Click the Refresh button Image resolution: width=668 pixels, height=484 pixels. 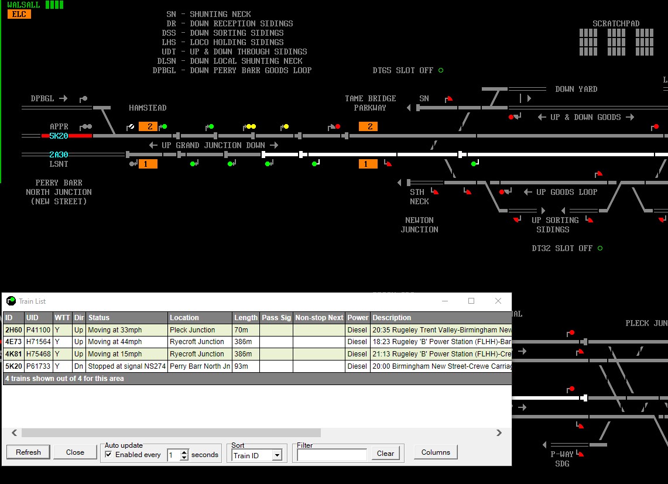coord(28,452)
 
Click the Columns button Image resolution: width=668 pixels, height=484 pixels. coord(436,452)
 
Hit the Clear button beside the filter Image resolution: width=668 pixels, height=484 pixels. coord(385,454)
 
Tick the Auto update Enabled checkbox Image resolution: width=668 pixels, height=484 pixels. coord(109,455)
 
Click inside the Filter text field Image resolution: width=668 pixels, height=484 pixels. coord(332,455)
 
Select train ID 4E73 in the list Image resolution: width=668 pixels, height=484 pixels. coord(13,342)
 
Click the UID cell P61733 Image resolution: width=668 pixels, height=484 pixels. coord(38,366)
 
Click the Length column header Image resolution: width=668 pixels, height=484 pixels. coord(246,317)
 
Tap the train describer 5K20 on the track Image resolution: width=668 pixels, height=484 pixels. coord(59,136)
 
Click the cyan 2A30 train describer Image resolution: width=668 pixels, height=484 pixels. coord(59,155)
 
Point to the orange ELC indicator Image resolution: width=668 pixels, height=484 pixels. coord(19,14)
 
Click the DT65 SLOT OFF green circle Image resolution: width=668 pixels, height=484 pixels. coord(441,70)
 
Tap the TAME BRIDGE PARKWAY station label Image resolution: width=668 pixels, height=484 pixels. coord(370,103)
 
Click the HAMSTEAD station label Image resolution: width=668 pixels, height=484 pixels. coord(148,108)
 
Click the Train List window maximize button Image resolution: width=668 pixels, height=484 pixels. coord(471,301)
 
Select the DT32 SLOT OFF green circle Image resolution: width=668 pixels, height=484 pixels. coord(600,248)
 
